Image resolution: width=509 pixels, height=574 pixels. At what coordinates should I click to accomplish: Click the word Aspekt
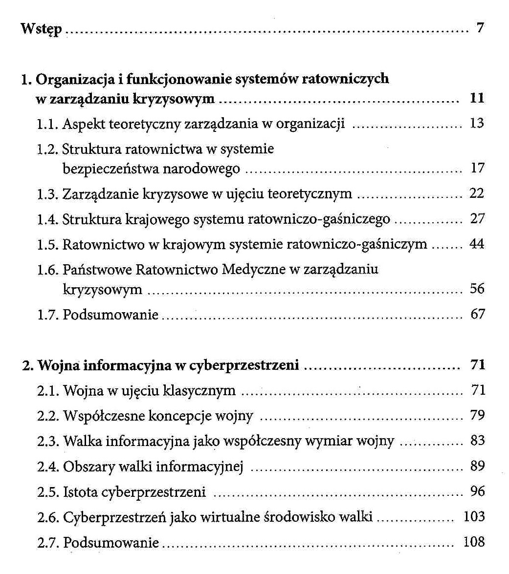tap(81, 124)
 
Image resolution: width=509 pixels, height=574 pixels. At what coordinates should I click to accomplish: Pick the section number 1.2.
tap(48, 149)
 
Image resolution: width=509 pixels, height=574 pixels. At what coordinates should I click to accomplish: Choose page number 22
tap(477, 193)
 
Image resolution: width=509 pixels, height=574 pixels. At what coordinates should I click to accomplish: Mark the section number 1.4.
tap(48, 219)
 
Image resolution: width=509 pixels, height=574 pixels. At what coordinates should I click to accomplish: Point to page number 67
tap(477, 314)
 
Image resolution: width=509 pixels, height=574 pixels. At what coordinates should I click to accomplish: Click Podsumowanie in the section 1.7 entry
tap(111, 315)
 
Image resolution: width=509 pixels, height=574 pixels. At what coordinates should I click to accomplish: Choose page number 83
tap(477, 441)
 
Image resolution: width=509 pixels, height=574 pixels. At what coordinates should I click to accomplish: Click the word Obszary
tap(86, 467)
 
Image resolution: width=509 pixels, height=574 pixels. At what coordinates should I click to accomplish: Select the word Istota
tap(81, 491)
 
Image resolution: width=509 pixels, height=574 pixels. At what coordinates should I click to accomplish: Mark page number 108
tap(474, 541)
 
